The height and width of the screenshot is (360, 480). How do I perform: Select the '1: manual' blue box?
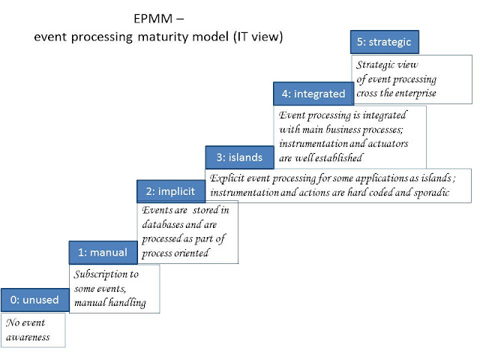103,253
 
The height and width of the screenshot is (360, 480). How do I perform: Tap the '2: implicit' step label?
170,191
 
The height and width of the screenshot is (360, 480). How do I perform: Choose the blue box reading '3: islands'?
239,157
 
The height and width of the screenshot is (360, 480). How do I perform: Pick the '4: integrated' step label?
313,94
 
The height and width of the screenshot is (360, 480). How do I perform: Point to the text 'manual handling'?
110,302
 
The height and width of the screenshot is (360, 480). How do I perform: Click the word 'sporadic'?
426,193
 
